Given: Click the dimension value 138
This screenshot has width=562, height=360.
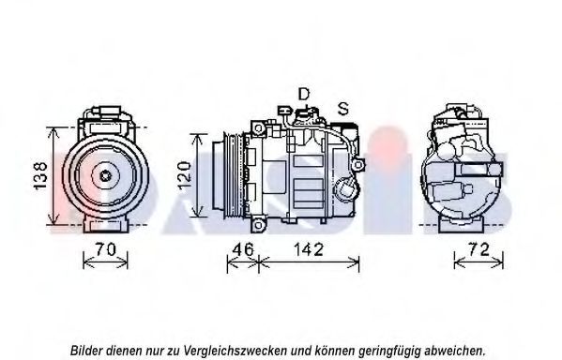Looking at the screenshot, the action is pos(39,175).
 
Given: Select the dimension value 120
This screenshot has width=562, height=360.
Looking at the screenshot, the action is pos(184,175).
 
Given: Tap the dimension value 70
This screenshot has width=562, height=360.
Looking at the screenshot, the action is pos(105,249).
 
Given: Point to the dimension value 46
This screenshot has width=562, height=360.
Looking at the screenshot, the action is pos(243,249).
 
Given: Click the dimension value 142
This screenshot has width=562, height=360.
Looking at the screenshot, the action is pos(309,249).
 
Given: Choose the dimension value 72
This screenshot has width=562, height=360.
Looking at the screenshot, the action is pos(478,249).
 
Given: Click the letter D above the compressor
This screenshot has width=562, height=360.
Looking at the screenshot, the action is pos(304,94).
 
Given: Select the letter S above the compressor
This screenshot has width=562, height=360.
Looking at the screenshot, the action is pos(343,109).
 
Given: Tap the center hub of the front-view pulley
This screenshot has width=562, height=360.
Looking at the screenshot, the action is pos(105,176).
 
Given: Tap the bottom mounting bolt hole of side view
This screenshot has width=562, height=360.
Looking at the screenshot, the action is pos(258,225).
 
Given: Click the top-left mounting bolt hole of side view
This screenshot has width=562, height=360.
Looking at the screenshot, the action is pos(258,127).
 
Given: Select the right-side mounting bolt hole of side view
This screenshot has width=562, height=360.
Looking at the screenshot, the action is pos(357,165).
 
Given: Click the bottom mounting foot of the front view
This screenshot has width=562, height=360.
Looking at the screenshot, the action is pos(105,225).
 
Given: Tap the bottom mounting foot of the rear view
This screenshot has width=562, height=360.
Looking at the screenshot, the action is pos(462,225).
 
